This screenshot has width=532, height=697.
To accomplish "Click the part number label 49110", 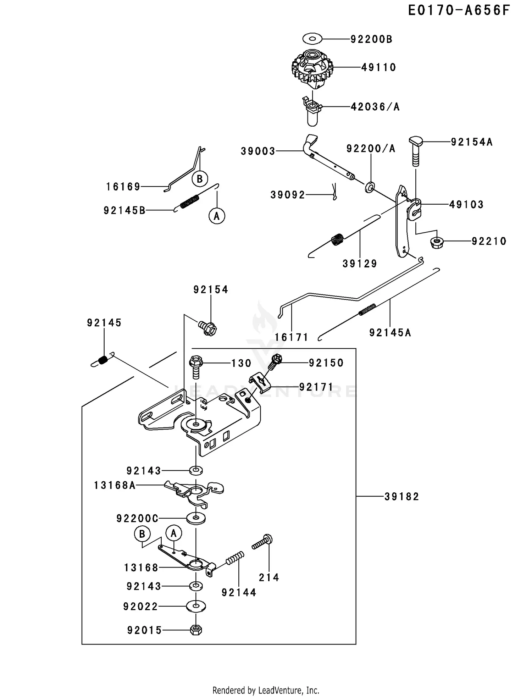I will click(x=378, y=67).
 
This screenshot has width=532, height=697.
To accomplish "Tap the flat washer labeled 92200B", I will click(x=312, y=38).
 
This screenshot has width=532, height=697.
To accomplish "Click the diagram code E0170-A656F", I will click(x=459, y=11).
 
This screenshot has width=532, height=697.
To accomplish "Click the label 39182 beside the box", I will click(x=401, y=497).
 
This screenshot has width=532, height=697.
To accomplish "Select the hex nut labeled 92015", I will click(x=196, y=630).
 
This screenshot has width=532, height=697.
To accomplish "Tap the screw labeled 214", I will click(x=263, y=542).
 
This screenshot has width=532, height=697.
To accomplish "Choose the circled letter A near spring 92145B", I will click(x=217, y=216).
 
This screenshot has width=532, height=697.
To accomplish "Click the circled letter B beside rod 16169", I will click(x=199, y=179).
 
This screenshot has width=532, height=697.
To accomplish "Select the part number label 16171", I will click(x=292, y=337).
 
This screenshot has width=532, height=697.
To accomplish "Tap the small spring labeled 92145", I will click(x=103, y=360).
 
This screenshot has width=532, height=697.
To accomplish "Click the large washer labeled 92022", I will click(x=196, y=606).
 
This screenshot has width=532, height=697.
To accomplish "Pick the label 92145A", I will click(x=390, y=333).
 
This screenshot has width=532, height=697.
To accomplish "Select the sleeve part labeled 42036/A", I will click(x=312, y=112).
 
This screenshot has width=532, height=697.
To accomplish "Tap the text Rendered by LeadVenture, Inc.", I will click(x=266, y=690).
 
